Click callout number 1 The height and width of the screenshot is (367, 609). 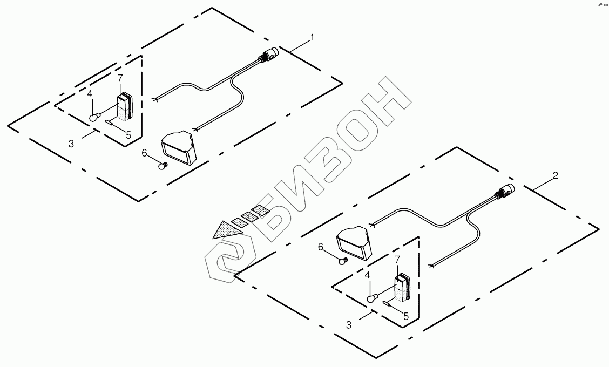(x=312, y=37)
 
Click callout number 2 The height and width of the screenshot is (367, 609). (x=556, y=176)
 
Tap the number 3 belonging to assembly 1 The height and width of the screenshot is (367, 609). (x=71, y=144)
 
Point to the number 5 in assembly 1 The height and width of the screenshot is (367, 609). (x=128, y=135)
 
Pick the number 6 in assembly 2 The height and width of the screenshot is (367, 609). (x=321, y=247)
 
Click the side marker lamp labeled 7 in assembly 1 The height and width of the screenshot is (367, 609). (x=125, y=107)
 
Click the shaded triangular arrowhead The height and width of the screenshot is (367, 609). (x=227, y=230)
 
